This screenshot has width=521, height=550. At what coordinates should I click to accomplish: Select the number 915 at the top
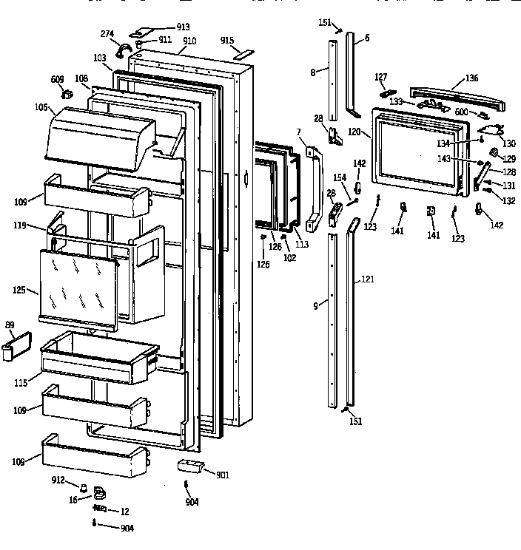[227, 41]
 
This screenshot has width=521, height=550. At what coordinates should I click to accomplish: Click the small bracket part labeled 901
[191, 467]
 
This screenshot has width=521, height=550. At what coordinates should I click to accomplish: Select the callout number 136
[472, 78]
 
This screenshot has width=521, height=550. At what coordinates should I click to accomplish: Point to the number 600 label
[461, 111]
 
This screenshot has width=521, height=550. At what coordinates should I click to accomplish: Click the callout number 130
[509, 143]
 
